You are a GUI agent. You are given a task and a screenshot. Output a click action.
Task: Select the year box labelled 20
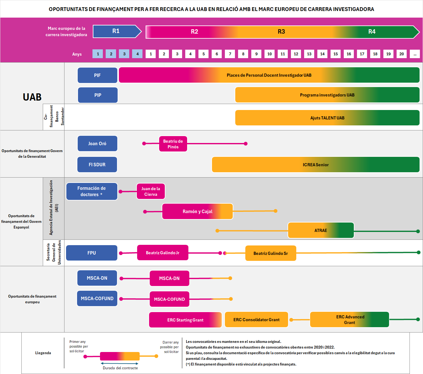click(x=402, y=54)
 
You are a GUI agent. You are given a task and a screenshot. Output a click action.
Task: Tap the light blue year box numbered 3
click(x=124, y=54)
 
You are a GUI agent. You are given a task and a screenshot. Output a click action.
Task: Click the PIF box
click(x=97, y=75)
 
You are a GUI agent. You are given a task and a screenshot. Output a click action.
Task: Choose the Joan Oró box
click(x=97, y=144)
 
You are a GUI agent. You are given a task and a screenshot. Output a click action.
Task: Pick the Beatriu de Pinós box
click(x=173, y=144)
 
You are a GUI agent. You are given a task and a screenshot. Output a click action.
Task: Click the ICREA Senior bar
click(x=315, y=165)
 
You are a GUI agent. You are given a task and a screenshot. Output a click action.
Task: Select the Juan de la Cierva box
click(x=151, y=191)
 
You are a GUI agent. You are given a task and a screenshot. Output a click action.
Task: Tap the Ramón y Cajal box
click(x=198, y=212)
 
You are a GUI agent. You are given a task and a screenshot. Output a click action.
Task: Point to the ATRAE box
click(x=321, y=230)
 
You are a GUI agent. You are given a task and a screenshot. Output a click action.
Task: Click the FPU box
click(x=92, y=253)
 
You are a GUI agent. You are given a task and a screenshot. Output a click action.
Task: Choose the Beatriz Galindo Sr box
click(x=270, y=253)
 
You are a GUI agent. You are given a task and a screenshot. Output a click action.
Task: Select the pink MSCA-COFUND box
click(x=170, y=299)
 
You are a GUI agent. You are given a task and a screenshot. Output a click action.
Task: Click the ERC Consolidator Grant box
click(x=256, y=320)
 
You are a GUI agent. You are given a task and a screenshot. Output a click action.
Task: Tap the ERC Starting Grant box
click(x=185, y=320)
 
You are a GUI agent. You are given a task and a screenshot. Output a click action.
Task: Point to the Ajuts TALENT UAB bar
click(x=327, y=118)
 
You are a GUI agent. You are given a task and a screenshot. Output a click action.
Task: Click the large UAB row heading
click(x=32, y=97)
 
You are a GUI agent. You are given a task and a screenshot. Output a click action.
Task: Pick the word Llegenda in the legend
click(x=43, y=353)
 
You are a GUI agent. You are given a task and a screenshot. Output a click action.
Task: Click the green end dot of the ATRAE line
click(x=418, y=231)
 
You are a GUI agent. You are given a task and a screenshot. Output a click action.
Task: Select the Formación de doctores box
click(x=92, y=191)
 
